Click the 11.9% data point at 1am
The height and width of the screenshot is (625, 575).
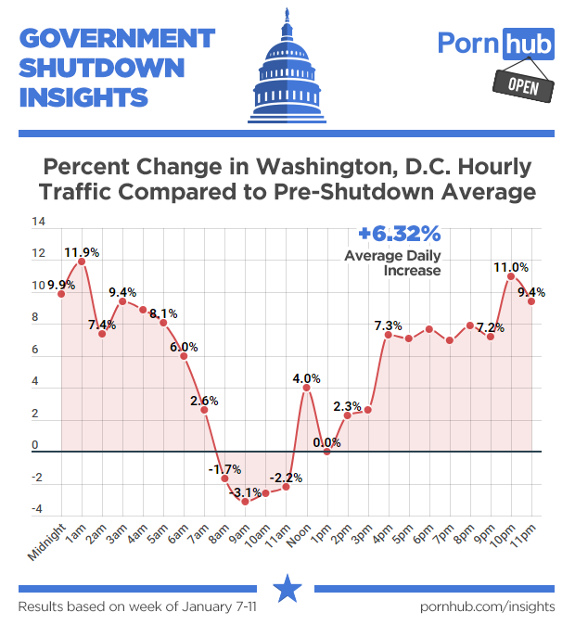[x=82, y=261]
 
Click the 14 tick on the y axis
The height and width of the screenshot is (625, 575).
[x=38, y=223]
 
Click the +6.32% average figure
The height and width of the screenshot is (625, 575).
[x=401, y=233]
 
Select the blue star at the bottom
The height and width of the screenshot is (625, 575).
[x=287, y=587]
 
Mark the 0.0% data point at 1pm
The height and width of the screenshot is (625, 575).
[x=326, y=452]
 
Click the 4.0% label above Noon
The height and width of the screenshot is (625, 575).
[x=306, y=378]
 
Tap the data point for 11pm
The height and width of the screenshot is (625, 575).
[x=531, y=300]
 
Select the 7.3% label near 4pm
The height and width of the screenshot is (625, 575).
[x=388, y=325]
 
